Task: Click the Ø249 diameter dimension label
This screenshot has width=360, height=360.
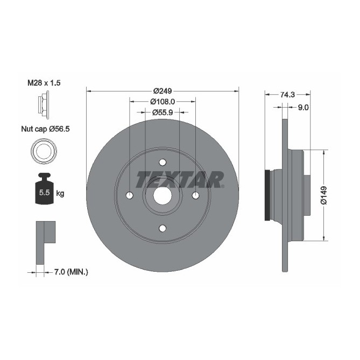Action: tap(163, 90)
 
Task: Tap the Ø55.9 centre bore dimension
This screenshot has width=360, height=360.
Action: tap(163, 112)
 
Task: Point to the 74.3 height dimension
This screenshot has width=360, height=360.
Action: tap(287, 94)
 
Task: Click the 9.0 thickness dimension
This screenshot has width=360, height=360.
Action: tap(302, 107)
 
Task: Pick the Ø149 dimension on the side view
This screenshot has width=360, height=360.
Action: tap(323, 195)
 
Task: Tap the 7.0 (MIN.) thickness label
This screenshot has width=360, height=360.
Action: tap(70, 272)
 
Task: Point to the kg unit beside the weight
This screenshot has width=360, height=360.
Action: tap(60, 193)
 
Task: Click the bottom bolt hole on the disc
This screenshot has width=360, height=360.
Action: tap(163, 228)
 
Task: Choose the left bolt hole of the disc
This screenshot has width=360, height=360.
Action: tap(130, 195)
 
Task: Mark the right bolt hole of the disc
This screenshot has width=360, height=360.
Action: tap(195, 195)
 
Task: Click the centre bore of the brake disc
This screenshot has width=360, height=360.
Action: tap(163, 195)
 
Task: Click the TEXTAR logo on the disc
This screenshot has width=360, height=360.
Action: tap(180, 179)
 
